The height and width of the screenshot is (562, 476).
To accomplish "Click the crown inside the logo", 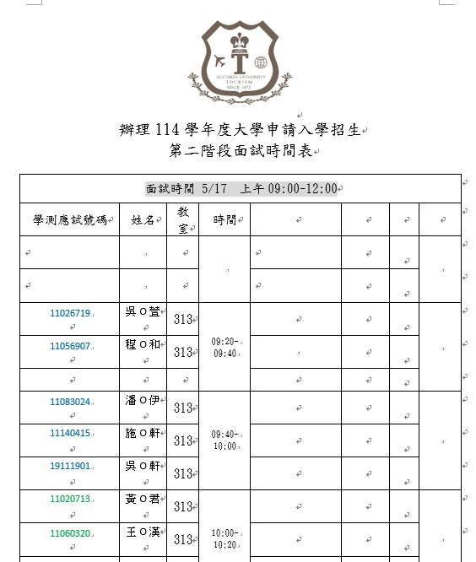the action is (240, 41).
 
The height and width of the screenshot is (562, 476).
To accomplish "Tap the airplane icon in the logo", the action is (222, 62).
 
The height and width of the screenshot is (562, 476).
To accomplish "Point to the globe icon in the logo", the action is (260, 62).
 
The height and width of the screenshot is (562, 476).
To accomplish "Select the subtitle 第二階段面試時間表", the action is (240, 152).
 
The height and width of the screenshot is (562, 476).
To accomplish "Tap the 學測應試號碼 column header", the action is (70, 220).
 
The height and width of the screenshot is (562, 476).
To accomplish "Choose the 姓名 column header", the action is (143, 220).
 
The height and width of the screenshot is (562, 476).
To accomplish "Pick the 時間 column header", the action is (224, 220).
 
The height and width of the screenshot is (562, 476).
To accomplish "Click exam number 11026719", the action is (70, 313).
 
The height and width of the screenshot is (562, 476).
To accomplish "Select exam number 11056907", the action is (70, 346).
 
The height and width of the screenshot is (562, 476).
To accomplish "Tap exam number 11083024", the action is (70, 402).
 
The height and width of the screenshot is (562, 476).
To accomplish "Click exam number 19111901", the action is (70, 466).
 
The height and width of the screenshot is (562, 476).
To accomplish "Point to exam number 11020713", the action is (70, 499).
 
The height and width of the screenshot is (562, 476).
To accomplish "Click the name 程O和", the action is (142, 346).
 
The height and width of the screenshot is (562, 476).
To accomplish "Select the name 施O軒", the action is (142, 434).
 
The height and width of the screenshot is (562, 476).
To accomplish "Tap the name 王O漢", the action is (142, 532).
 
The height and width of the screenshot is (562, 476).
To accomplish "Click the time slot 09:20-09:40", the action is (224, 347).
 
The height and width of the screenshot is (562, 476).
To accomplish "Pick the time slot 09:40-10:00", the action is (224, 440).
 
